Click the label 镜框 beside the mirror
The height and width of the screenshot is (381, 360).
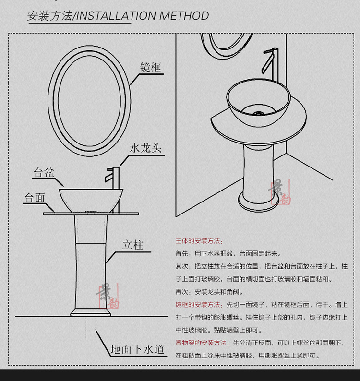(x=151, y=67)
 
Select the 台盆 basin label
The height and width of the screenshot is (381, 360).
(x=44, y=173)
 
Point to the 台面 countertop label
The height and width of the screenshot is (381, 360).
(x=35, y=198)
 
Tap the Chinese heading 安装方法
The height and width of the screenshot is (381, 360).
(x=49, y=15)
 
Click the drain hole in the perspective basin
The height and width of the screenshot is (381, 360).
(x=258, y=114)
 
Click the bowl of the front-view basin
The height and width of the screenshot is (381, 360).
(x=91, y=199)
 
